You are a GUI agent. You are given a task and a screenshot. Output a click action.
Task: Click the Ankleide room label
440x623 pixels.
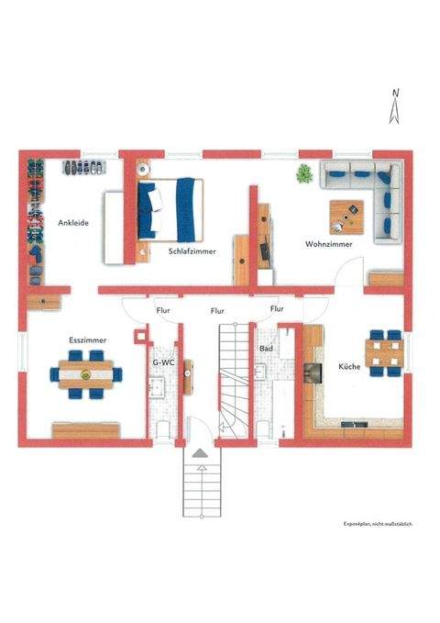(x=73, y=222)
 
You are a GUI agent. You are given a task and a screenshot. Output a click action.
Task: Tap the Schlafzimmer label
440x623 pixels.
(x=192, y=251)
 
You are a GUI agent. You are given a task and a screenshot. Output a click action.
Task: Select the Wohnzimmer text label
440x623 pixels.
(x=303, y=245)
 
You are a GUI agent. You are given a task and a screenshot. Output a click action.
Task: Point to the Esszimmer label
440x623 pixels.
(x=88, y=340)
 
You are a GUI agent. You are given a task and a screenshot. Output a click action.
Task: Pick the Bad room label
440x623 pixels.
(x=267, y=350)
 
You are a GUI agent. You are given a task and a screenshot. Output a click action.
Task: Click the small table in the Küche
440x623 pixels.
(x=384, y=352)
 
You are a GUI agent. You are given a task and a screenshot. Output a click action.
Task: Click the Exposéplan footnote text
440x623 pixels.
(x=378, y=523)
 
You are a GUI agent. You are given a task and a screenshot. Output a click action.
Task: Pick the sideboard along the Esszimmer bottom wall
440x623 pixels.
(x=85, y=428)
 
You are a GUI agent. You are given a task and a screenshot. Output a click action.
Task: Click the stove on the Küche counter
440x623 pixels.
(x=313, y=371)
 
